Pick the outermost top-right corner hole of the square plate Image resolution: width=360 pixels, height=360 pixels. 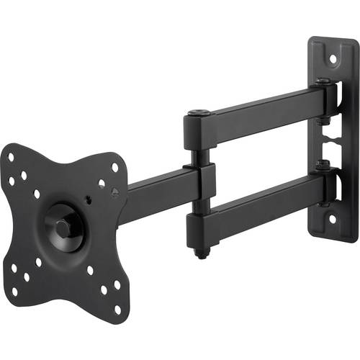(115, 167)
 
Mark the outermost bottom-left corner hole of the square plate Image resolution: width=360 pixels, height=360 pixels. (14, 292)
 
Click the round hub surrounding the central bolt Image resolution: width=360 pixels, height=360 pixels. (65, 225)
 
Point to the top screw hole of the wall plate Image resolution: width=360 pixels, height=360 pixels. (332, 55)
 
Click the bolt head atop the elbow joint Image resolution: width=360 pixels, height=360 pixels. (199, 112)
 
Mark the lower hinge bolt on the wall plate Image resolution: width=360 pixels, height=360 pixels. (325, 166)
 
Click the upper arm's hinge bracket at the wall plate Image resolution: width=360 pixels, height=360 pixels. (328, 97)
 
